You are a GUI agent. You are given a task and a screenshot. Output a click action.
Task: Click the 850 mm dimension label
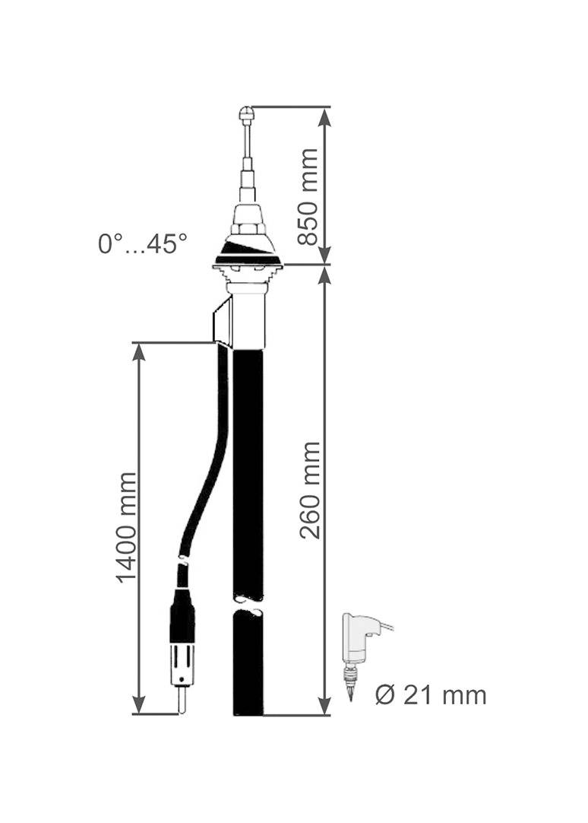pos(308,196)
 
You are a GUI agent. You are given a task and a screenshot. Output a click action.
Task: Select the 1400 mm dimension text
pos(127,528)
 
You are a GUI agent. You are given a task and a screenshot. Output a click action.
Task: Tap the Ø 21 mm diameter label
pos(430,694)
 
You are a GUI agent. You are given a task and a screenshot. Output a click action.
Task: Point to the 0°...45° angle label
pos(142,244)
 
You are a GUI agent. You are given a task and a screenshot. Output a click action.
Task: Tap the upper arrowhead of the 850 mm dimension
pos(324,116)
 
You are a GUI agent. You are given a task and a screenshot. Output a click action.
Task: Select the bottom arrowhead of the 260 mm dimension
pos(324,705)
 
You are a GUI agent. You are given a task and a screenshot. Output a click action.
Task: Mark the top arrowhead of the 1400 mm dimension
pos(139,352)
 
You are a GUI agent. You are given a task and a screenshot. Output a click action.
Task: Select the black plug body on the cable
pos(182,616)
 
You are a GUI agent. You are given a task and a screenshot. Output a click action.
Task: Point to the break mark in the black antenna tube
pos(248,606)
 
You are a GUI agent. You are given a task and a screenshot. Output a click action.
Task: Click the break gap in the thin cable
pos(182,560)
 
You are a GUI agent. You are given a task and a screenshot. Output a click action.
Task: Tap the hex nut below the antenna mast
pos(248,226)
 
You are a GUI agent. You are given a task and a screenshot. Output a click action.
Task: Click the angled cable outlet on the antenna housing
pos(222,322)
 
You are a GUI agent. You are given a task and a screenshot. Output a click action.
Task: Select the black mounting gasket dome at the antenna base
pos(248,249)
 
